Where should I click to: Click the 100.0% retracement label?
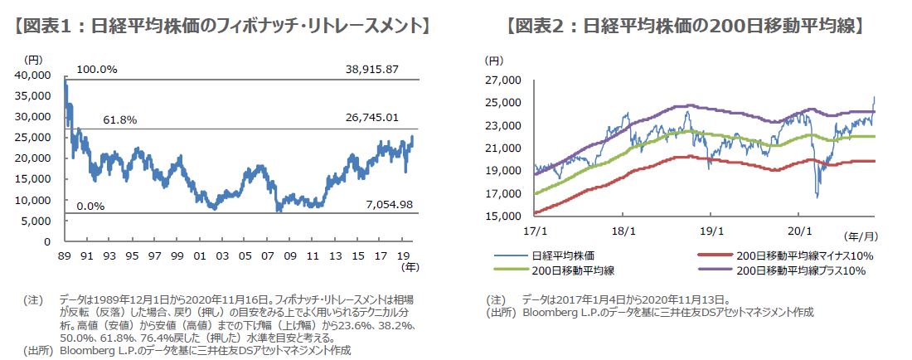point(97,69)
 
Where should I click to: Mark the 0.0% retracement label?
point(91,205)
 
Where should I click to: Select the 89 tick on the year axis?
point(63,256)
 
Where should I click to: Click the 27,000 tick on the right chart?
point(501,80)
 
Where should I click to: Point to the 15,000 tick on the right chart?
point(501,216)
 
